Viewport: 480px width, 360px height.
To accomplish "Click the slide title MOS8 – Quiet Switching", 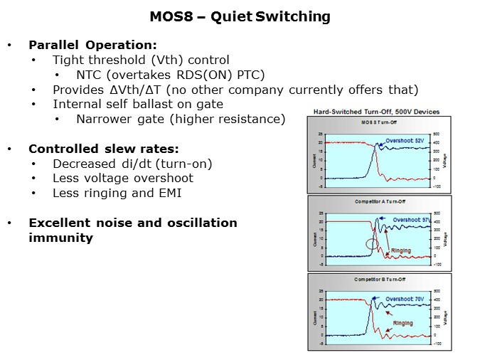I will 240,16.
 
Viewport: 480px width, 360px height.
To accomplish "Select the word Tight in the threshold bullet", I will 68,60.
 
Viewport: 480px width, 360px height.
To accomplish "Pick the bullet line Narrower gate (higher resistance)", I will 181,119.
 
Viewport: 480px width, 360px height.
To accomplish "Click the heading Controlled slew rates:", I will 103,149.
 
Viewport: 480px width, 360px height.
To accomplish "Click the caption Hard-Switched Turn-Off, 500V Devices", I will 376,112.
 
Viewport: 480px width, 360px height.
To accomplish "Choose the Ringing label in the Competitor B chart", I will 403,323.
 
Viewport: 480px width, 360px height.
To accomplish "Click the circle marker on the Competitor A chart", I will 372,243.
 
